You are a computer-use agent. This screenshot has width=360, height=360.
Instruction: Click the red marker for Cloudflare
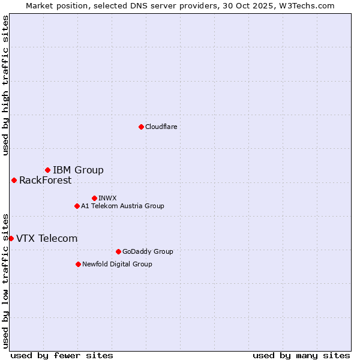(x=141, y=127)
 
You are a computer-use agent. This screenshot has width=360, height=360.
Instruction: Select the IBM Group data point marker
(x=47, y=170)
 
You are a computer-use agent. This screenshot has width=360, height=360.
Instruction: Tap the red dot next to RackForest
(x=14, y=180)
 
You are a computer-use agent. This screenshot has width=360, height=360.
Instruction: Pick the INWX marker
(x=94, y=198)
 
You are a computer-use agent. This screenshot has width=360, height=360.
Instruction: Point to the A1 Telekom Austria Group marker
(x=77, y=206)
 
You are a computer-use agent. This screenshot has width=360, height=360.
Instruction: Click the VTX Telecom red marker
(x=11, y=238)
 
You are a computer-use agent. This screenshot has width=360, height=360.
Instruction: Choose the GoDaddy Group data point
(x=118, y=251)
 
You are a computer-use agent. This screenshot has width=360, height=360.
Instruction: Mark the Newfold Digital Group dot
(x=78, y=264)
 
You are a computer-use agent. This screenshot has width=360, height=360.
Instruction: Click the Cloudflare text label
(x=161, y=127)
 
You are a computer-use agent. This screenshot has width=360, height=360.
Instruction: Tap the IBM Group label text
(x=78, y=170)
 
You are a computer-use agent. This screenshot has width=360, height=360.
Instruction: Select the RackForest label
(x=45, y=180)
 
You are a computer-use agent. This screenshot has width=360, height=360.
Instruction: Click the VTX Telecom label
(x=47, y=238)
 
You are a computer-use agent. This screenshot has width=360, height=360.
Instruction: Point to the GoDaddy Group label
(x=147, y=251)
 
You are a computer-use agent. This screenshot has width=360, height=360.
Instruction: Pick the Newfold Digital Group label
(x=117, y=264)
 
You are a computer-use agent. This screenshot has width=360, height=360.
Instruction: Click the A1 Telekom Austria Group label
(x=122, y=206)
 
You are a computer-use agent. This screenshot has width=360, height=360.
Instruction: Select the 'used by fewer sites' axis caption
(x=62, y=355)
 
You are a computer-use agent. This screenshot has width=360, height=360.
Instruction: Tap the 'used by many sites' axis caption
(x=301, y=355)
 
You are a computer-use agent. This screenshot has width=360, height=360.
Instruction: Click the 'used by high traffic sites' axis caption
(x=5, y=85)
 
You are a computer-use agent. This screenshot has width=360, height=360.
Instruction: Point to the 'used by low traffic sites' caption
(x=5, y=281)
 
